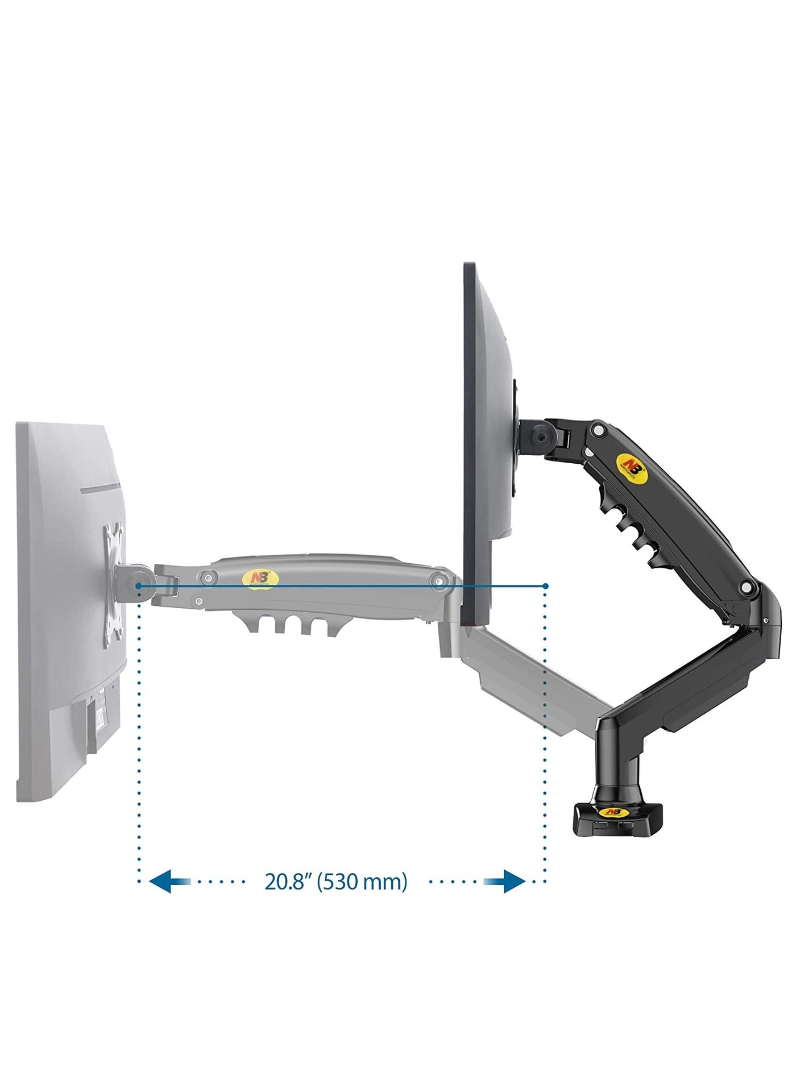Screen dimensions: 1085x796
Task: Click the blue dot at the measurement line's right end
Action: point(545,585)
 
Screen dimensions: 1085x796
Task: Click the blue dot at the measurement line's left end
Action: point(139,585)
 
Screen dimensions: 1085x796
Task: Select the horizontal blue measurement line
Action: point(341,585)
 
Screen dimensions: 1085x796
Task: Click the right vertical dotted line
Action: point(545,739)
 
